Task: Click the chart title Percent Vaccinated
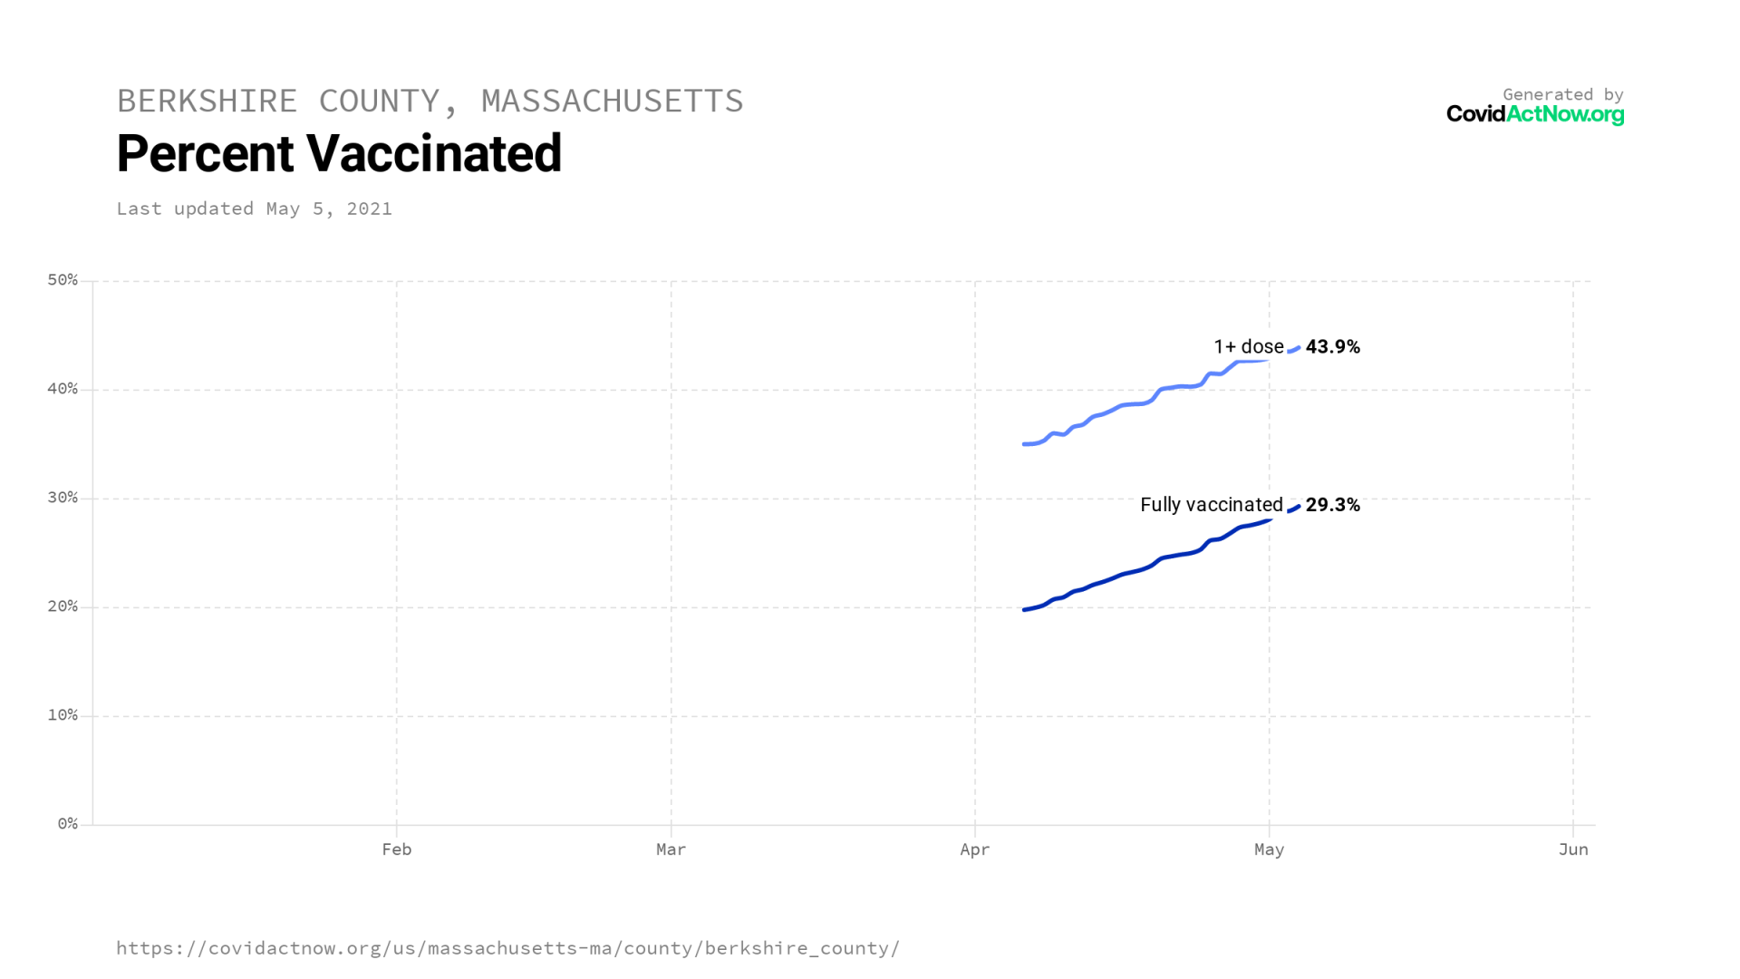339,153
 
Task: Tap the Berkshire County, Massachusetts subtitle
430,101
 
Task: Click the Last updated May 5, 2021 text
254,208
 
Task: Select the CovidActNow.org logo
1534,114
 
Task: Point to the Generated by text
1562,94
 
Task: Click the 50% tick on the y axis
63,280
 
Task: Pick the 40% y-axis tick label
63,389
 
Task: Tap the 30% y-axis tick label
63,498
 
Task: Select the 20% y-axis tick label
63,606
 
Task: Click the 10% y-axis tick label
63,715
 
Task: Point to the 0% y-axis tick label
67,824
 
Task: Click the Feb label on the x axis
396,849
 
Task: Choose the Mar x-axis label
671,849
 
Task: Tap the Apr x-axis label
974,849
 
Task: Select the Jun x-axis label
1573,849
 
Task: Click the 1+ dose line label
1248,347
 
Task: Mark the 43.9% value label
1332,347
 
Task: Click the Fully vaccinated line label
1211,505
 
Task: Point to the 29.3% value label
1332,505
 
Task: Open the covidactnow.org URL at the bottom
507,948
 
